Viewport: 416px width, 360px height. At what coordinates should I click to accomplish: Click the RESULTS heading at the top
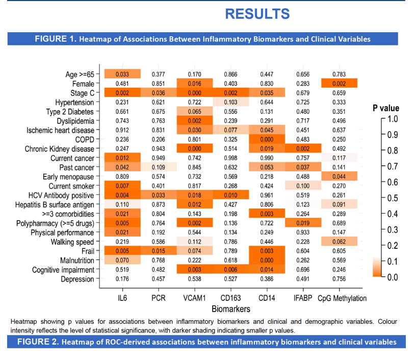[x=257, y=14]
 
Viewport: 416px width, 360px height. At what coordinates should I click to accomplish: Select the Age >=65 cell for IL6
[x=122, y=74]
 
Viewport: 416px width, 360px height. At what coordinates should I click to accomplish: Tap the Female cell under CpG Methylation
[x=339, y=83]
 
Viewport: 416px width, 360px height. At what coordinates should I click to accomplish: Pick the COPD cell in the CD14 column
[x=267, y=139]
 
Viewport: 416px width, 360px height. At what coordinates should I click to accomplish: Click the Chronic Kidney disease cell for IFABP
[x=303, y=148]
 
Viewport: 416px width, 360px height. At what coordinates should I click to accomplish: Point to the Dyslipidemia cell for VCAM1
[x=195, y=120]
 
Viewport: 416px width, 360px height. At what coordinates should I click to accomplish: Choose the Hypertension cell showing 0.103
[x=231, y=102]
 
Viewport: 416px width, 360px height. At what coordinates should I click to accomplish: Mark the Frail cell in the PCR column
[x=159, y=251]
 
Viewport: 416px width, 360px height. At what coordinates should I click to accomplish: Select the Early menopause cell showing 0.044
[x=339, y=176]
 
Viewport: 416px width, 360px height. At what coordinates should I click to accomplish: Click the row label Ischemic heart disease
[x=60, y=130]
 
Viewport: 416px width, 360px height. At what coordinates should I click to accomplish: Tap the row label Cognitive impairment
[x=63, y=270]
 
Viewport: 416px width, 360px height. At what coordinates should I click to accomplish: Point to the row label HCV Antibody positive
[x=61, y=195]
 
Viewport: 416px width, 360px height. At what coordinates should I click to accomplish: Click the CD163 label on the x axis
[x=230, y=298]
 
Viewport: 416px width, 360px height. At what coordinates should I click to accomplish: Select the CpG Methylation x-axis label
[x=342, y=298]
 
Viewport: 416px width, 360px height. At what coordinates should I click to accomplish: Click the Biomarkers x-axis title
[x=231, y=309]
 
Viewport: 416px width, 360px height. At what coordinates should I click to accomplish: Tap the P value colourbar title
[x=386, y=108]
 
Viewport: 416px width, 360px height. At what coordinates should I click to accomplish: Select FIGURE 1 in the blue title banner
[x=56, y=39]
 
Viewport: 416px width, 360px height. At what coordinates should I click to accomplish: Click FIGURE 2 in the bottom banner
[x=38, y=342]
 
